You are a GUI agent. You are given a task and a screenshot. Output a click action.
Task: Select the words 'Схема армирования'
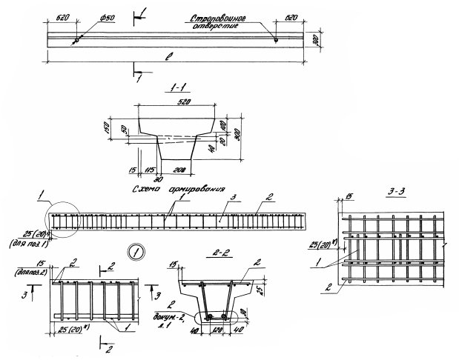click(x=178, y=190)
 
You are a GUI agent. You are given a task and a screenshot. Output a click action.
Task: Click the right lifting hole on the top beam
click(x=277, y=41)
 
